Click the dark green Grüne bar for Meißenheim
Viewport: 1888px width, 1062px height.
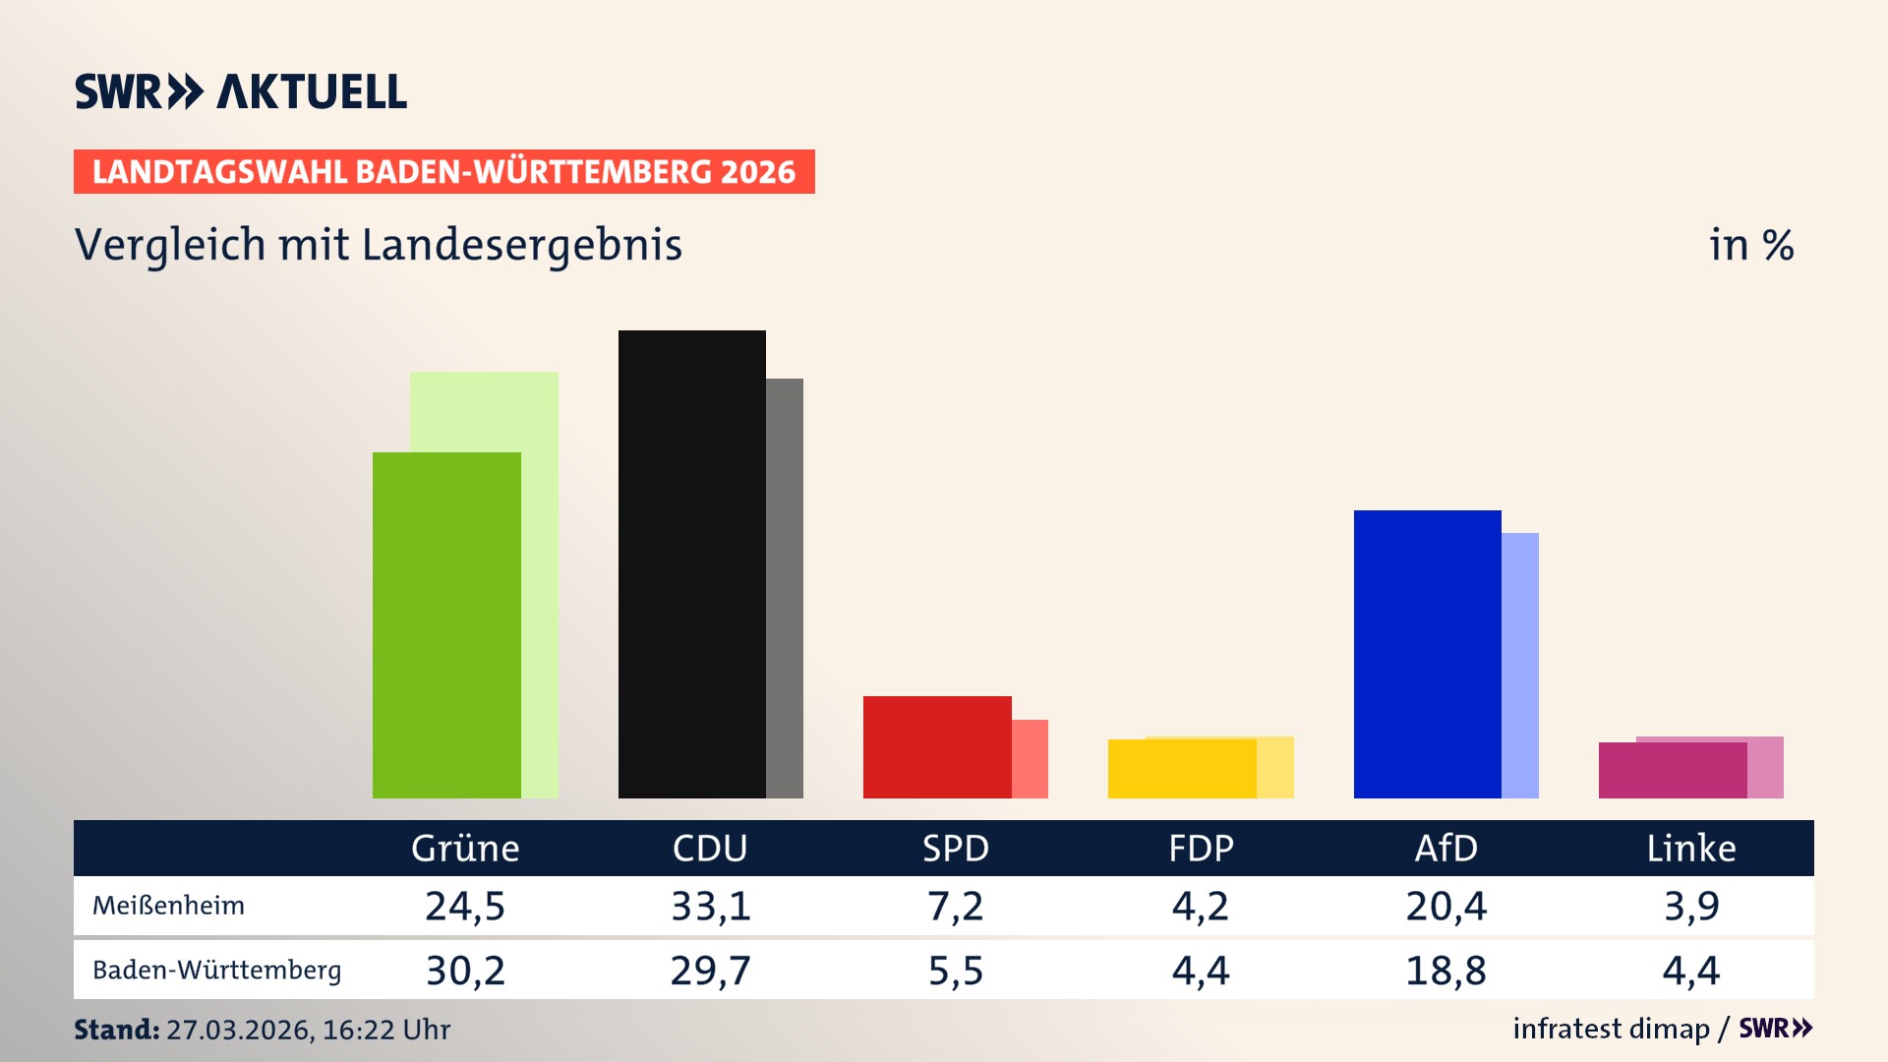446,625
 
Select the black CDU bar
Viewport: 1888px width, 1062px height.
691,564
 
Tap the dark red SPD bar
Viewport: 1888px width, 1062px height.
936,747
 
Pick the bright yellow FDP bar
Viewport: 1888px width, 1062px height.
1181,769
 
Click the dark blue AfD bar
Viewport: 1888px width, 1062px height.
1427,654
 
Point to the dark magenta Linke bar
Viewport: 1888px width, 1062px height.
1672,771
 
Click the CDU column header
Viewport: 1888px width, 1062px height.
710,848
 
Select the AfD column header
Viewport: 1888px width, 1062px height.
1445,848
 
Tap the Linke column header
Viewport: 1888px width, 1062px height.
1691,848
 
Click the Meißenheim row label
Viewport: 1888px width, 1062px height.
168,906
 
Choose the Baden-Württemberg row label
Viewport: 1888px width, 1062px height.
216,971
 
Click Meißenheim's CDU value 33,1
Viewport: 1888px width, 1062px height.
710,906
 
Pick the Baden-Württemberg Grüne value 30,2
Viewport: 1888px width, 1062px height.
465,971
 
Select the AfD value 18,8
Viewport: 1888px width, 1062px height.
1445,971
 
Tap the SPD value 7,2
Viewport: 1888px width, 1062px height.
955,906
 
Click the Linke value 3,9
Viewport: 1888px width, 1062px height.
1691,906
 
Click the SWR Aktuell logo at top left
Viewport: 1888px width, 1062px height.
241,91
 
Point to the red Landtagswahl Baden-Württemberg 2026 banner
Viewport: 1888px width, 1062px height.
443,172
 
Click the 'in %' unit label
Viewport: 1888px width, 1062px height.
1750,245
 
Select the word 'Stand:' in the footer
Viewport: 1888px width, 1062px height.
116,1030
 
